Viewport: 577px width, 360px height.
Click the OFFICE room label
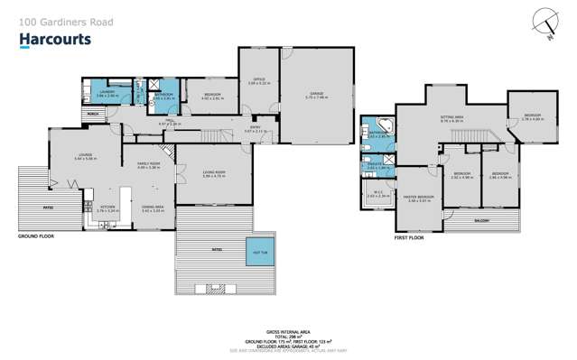[257, 80]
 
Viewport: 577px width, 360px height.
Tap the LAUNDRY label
[105, 92]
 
